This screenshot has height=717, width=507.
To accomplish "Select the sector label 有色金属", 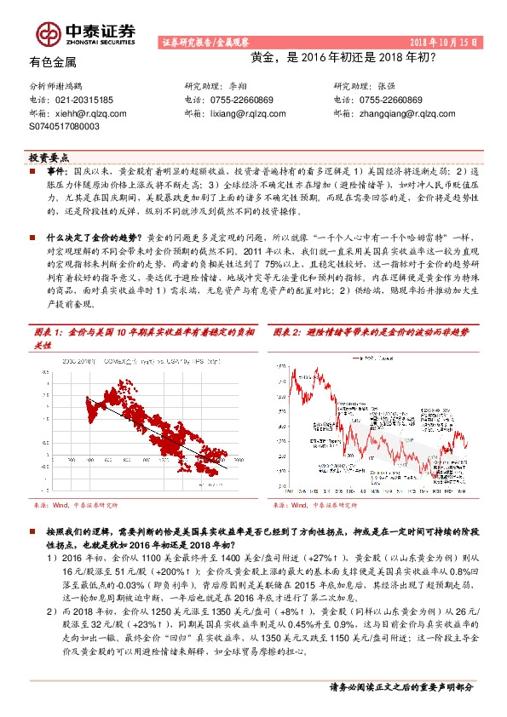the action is [53, 62].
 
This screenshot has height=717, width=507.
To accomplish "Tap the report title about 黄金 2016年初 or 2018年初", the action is [343, 59].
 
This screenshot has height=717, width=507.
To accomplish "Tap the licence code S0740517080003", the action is [64, 125].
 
